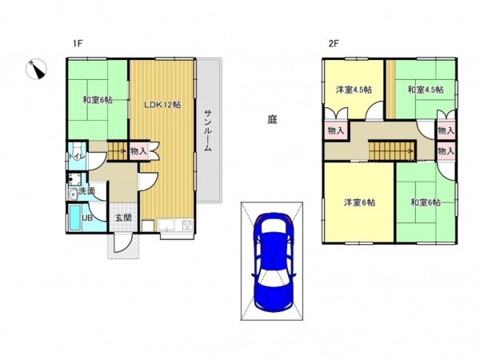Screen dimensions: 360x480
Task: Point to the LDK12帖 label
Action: (x=162, y=105)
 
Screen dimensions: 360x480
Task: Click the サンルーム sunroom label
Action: (x=207, y=129)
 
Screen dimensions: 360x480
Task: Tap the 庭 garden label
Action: (x=272, y=120)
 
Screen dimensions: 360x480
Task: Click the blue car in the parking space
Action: (x=272, y=264)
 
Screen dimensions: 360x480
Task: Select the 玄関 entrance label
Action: (x=122, y=217)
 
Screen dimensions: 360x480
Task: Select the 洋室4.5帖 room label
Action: (x=353, y=90)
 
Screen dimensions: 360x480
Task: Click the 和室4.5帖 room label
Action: (x=423, y=90)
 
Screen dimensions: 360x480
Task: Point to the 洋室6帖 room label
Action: (x=358, y=202)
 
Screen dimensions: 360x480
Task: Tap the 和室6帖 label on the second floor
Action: (x=425, y=202)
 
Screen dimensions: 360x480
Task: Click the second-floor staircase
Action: (x=391, y=148)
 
